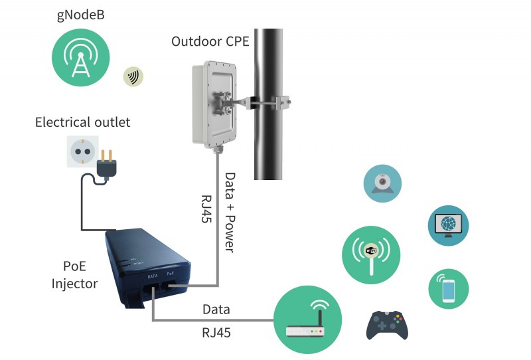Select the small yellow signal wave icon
tap(133, 77)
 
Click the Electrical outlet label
tap(82, 122)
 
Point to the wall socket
tap(83, 151)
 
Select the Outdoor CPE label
tap(210, 42)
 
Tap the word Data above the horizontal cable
tap(216, 310)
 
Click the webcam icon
tap(383, 183)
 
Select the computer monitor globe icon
tap(448, 225)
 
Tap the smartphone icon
tap(448, 289)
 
